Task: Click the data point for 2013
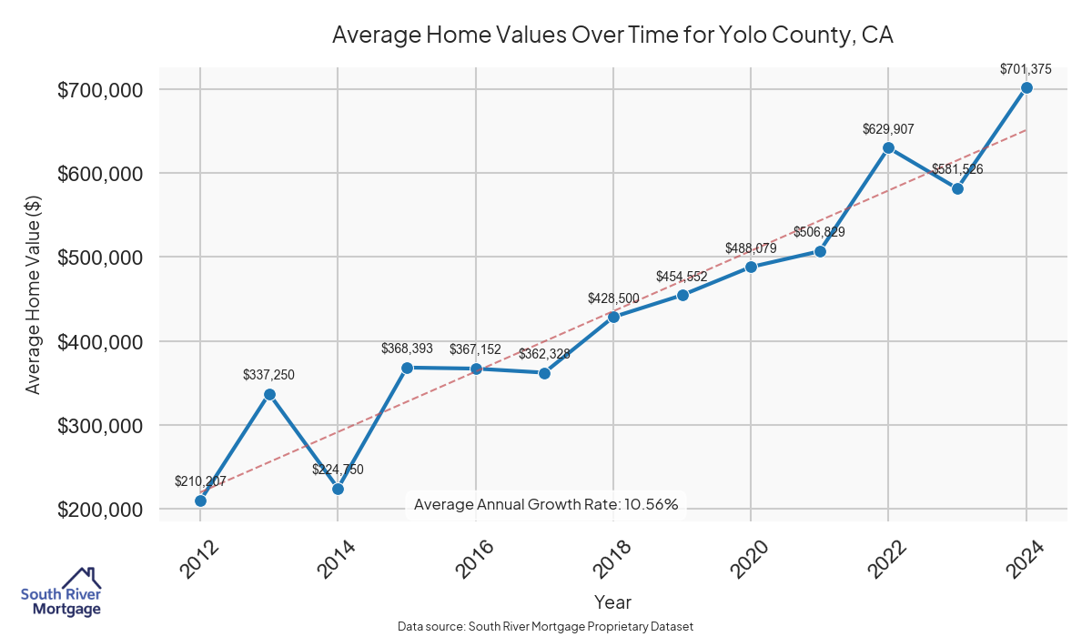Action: tap(269, 394)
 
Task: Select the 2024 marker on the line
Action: tap(1026, 87)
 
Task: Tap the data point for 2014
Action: tap(338, 489)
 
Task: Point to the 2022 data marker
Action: tap(888, 147)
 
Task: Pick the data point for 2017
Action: tap(544, 373)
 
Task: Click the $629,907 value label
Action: tap(888, 129)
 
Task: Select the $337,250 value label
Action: tap(269, 375)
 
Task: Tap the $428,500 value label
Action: tap(613, 298)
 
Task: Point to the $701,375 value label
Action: tap(1026, 69)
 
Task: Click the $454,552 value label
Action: tap(682, 277)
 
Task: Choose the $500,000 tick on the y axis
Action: tap(100, 258)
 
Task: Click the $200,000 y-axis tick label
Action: tap(100, 510)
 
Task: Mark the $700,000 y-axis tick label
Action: tap(100, 90)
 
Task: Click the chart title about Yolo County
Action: tap(613, 35)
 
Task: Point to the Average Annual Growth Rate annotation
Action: tap(546, 504)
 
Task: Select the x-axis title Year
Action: tap(612, 602)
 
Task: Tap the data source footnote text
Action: tap(546, 626)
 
